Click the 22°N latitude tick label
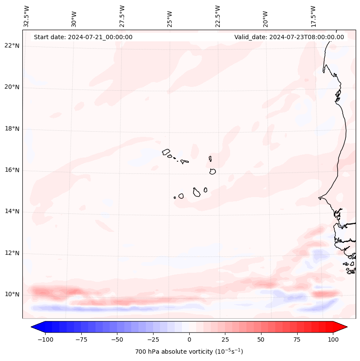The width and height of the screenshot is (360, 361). (x=12, y=46)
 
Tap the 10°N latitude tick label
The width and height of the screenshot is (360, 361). (x=12, y=295)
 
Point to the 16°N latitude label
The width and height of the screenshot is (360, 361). (x=12, y=170)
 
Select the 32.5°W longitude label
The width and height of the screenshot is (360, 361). (x=27, y=16)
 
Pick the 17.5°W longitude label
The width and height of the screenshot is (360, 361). (x=313, y=16)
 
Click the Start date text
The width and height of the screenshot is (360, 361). (x=83, y=37)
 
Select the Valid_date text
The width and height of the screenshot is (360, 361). (x=289, y=37)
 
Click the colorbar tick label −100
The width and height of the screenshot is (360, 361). (x=45, y=339)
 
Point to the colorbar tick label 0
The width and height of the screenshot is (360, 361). (x=189, y=339)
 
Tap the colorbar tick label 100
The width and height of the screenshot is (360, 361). (x=333, y=339)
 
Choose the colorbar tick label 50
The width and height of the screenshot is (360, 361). (x=261, y=339)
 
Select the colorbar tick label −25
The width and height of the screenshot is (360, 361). (x=153, y=339)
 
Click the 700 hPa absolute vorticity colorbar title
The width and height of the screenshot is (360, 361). (x=189, y=352)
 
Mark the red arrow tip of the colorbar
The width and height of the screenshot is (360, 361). (x=346, y=327)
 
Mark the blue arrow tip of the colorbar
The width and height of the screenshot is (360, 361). (x=32, y=327)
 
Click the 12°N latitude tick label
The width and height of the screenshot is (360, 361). (x=12, y=253)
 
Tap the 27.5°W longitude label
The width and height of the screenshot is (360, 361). (x=122, y=16)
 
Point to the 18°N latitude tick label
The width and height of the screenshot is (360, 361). (x=12, y=129)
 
